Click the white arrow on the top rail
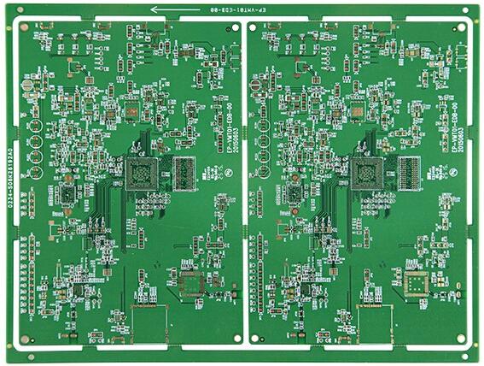pos(171,10)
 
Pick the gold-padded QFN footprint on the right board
pos(417,285)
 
